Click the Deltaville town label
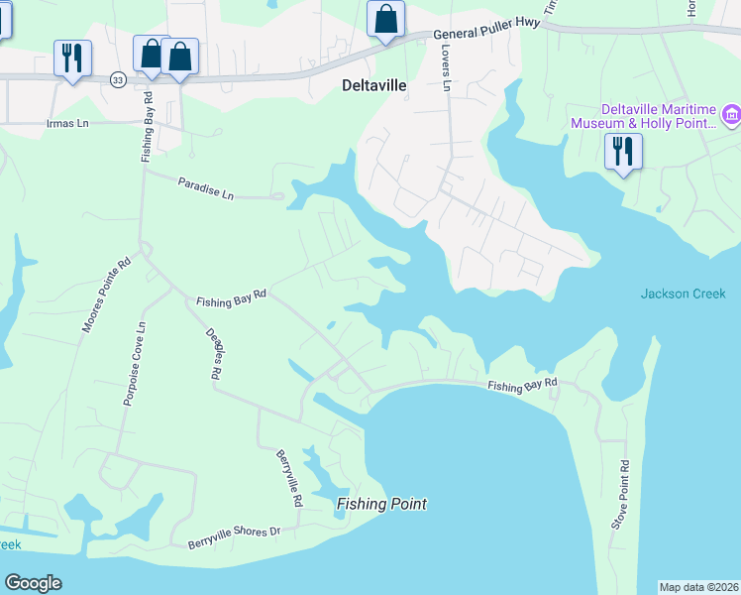click(373, 85)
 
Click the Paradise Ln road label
click(205, 187)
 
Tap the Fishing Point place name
click(381, 504)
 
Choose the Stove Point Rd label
click(620, 493)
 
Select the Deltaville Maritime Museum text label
click(643, 116)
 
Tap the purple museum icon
click(732, 116)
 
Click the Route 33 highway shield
click(118, 80)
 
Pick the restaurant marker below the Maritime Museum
click(623, 152)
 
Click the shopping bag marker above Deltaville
click(385, 19)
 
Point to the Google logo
click(33, 583)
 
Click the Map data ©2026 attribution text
click(698, 587)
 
